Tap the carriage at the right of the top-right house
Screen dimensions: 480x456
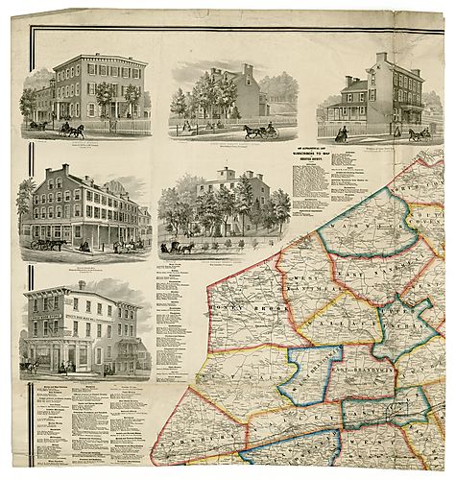pos(420,133)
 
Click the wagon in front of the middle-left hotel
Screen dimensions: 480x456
pos(45,242)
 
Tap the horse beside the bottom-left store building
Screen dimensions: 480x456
pos(34,366)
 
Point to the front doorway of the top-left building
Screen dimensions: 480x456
pos(116,110)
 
